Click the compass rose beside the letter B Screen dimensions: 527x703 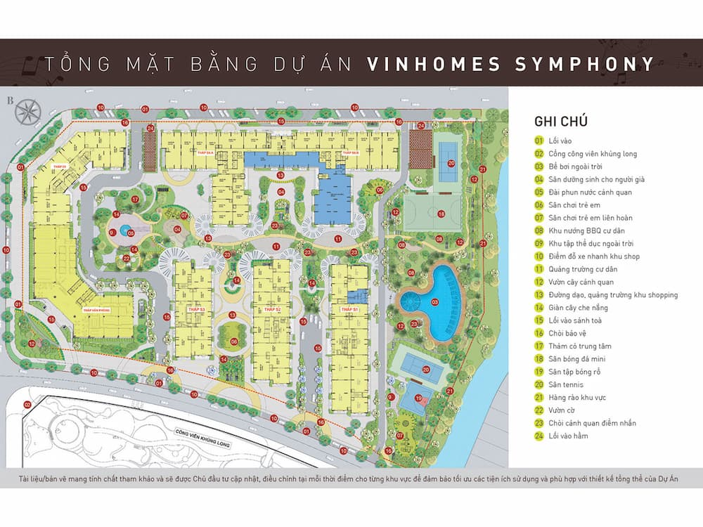[30, 111]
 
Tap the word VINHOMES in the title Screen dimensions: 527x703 [432, 65]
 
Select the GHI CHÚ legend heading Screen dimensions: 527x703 [561, 122]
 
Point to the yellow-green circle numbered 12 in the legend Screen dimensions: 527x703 [539, 282]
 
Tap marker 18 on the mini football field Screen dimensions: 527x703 [441, 214]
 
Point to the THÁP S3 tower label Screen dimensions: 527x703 [196, 309]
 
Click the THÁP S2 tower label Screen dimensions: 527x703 [273, 309]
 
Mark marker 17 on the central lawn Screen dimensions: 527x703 [135, 199]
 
